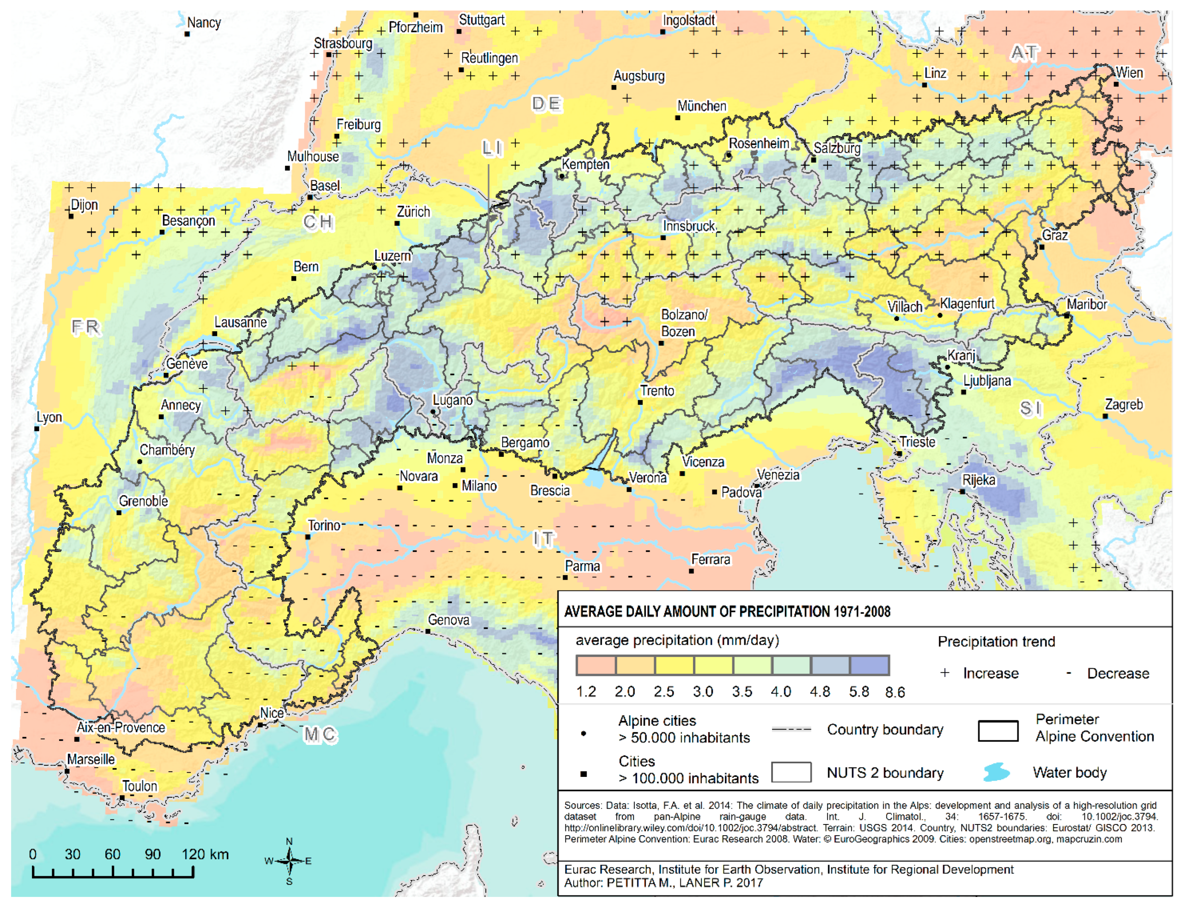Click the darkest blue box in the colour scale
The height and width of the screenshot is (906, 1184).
pos(869,665)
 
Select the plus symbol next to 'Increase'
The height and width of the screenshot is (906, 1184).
pos(944,672)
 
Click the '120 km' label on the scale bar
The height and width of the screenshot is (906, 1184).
pos(205,854)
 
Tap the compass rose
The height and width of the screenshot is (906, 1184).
pos(289,861)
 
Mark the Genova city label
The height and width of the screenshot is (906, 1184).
pos(448,620)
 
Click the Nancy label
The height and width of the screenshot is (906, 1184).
pos(204,23)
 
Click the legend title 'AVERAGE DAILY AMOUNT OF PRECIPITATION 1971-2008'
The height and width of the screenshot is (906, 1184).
pos(727,612)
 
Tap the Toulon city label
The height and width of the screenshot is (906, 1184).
pos(140,786)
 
